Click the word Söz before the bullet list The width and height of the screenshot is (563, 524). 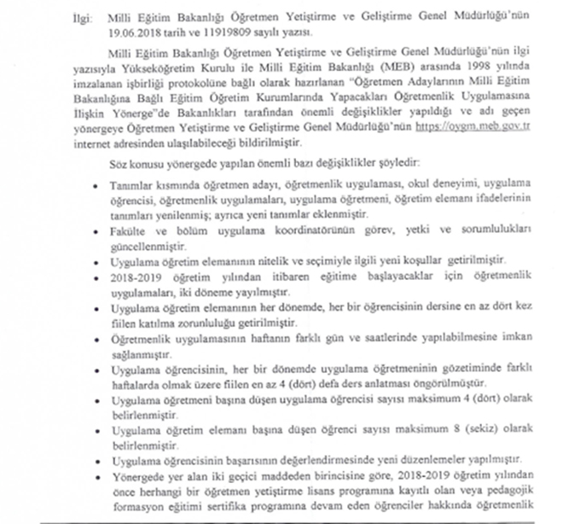pyautogui.click(x=134, y=160)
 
